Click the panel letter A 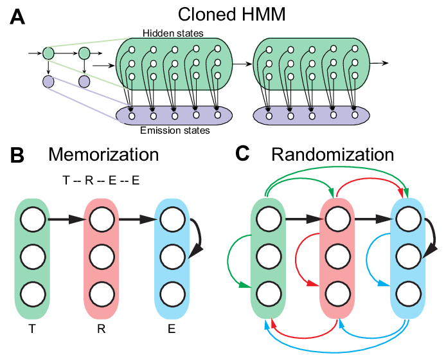(x=18, y=19)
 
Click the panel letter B (x=18, y=156)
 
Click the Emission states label (x=175, y=130)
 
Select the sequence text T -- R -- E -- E (x=100, y=181)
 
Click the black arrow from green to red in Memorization (x=66, y=221)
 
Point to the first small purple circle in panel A (x=48, y=82)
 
